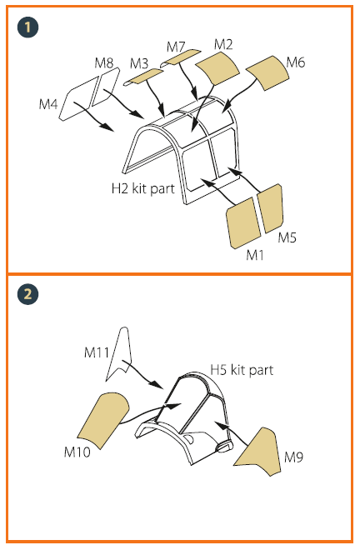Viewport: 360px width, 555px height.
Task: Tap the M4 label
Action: [x=49, y=104]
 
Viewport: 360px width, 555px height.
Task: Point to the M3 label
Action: [x=139, y=63]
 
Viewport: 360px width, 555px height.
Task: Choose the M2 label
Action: [x=223, y=43]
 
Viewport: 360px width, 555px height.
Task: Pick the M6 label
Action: [x=296, y=62]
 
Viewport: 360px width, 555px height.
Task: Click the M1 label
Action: [x=255, y=253]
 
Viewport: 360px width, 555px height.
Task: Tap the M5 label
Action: [x=287, y=238]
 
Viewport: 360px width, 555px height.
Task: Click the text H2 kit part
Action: [x=142, y=189]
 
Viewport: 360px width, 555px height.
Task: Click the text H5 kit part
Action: [x=242, y=369]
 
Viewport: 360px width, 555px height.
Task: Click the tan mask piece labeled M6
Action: [x=268, y=72]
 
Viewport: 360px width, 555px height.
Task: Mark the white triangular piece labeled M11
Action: [x=123, y=347]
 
